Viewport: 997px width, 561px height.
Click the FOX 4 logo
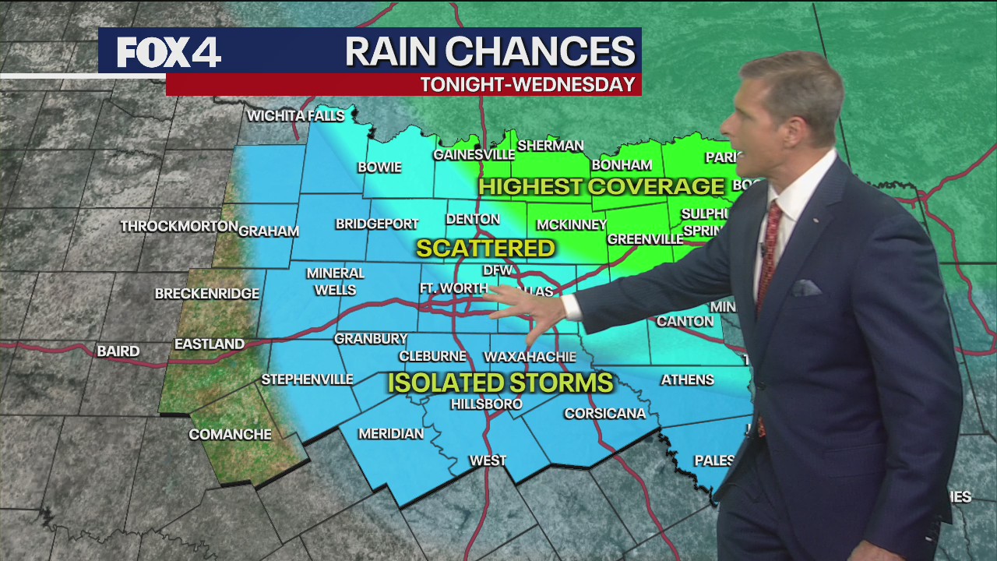pos(169,52)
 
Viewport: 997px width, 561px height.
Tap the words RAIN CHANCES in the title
pos(490,52)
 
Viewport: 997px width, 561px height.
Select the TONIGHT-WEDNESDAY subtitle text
pos(528,85)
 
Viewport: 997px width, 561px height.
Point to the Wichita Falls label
pos(295,116)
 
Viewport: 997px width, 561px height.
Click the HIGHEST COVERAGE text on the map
pos(601,187)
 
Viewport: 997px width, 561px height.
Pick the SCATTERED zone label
pos(485,249)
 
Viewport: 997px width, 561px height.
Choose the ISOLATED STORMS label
pos(500,383)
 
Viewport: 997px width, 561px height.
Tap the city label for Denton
pos(473,220)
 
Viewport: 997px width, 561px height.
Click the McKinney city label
pos(571,225)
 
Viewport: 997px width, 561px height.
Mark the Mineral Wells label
pos(335,281)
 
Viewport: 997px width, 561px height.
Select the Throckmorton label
pos(179,227)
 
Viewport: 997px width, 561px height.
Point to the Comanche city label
pos(230,435)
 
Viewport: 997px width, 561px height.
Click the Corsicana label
pos(604,414)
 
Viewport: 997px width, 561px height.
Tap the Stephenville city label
pos(307,379)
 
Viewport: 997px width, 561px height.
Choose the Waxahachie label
pos(530,357)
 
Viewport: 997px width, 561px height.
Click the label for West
pos(488,461)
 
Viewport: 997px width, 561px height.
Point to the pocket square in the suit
pos(806,288)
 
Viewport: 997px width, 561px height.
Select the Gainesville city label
pos(474,155)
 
